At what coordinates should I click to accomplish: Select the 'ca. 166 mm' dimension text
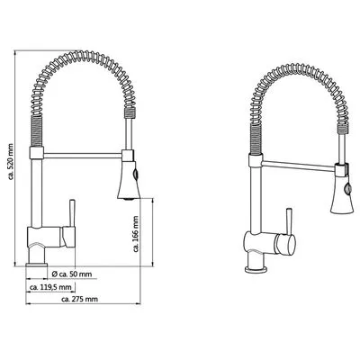[136, 235]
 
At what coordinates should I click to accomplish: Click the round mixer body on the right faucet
[282, 243]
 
